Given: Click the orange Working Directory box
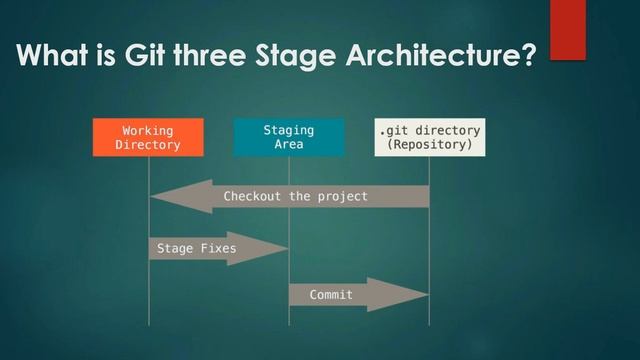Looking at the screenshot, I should [148, 138].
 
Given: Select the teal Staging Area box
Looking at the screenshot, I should [288, 138].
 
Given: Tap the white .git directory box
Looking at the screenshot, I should [429, 138].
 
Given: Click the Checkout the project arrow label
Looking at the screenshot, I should [295, 196].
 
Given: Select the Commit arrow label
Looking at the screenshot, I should [329, 295].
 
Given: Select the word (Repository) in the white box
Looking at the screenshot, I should [429, 146].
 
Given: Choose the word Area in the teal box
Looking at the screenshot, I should [288, 146].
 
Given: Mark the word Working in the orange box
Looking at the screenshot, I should [148, 131].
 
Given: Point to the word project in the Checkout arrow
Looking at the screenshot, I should [343, 196].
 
